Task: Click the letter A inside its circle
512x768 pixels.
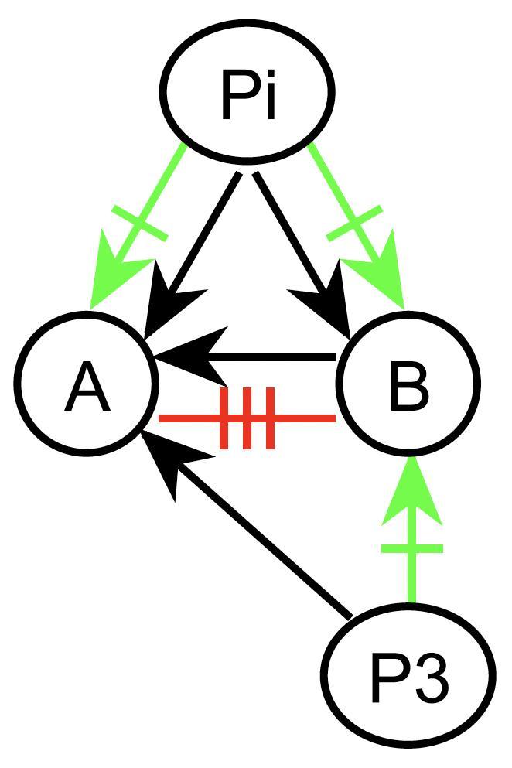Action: [87, 388]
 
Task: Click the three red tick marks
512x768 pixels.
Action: [247, 418]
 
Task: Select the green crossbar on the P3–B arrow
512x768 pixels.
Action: [411, 548]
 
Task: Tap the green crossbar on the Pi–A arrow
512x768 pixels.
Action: [139, 223]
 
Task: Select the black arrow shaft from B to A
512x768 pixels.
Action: [278, 357]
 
